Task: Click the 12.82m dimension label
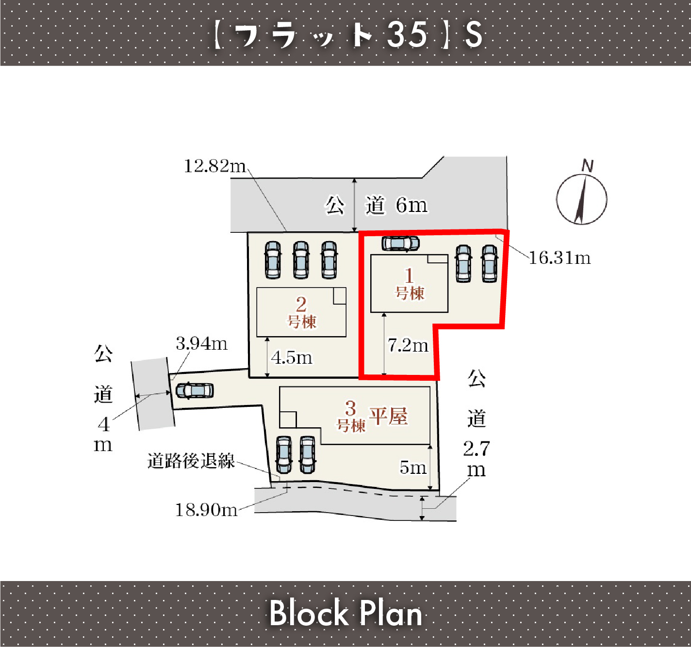point(214,166)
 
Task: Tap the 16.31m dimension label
point(559,258)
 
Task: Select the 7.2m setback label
point(408,345)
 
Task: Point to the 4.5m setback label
point(292,357)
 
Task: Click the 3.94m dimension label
point(201,344)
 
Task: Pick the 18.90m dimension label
point(206,510)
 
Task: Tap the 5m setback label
point(413,467)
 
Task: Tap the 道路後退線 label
point(191,461)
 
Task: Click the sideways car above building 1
point(400,243)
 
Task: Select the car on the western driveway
point(195,390)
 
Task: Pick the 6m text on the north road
point(411,205)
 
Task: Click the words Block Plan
point(345,613)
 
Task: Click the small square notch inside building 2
point(340,296)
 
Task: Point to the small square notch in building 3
point(288,420)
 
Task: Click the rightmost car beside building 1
point(489,264)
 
